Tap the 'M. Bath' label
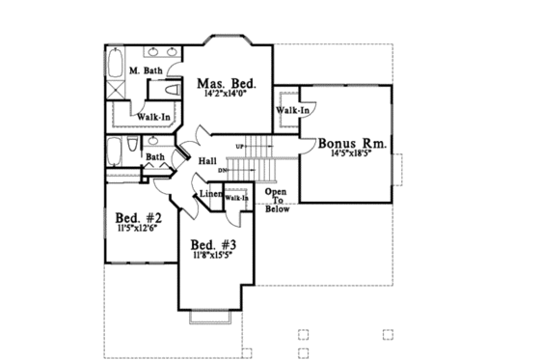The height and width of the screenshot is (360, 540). coord(146,71)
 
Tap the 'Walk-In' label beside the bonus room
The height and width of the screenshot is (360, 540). coord(292,110)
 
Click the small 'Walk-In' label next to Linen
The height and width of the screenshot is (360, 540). coord(236,198)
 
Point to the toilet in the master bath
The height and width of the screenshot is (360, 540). coord(173,90)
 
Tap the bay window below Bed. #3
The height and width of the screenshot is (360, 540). coord(211,318)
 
